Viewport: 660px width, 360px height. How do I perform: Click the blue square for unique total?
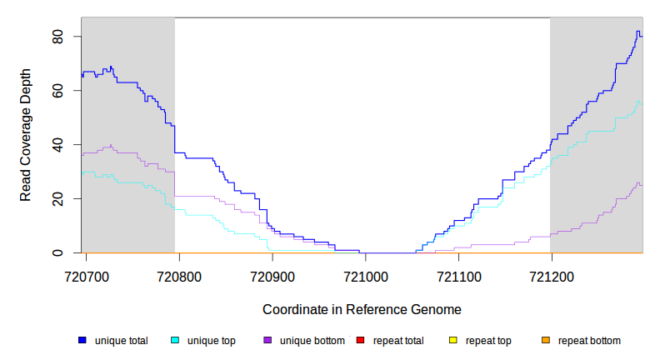pyautogui.click(x=82, y=341)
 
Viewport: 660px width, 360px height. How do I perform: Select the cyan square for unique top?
pyautogui.click(x=175, y=341)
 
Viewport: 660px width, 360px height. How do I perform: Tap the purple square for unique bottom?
pyautogui.click(x=267, y=341)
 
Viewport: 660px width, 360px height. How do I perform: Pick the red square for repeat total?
pyautogui.click(x=360, y=341)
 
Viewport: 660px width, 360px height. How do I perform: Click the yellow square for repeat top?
pyautogui.click(x=453, y=341)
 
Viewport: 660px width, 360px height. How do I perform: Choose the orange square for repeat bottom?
pyautogui.click(x=546, y=341)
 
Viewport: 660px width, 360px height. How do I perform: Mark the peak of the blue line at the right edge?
pyautogui.click(x=637, y=32)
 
